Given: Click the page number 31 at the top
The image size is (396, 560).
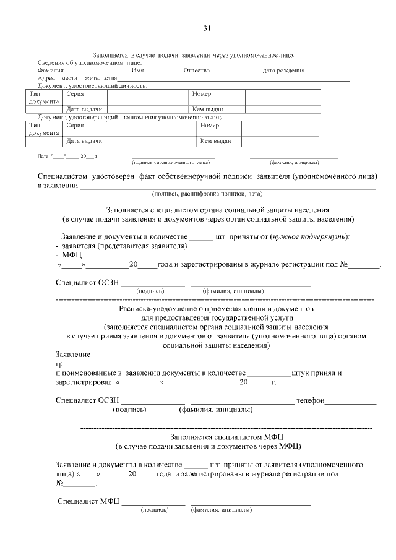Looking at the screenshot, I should [207, 28].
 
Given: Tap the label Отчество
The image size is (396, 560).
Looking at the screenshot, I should [197, 71].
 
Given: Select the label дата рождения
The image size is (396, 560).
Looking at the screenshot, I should [283, 71].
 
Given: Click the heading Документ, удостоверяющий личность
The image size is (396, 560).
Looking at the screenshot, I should [92, 85].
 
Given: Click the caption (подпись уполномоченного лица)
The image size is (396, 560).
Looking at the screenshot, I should [171, 162].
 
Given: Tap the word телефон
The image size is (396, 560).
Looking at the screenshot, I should [311, 401].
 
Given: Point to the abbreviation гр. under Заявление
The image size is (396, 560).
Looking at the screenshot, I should [60, 364].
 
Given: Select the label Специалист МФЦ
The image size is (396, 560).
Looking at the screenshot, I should [88, 501].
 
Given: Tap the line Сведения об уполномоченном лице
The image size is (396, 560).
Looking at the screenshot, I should [90, 63].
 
